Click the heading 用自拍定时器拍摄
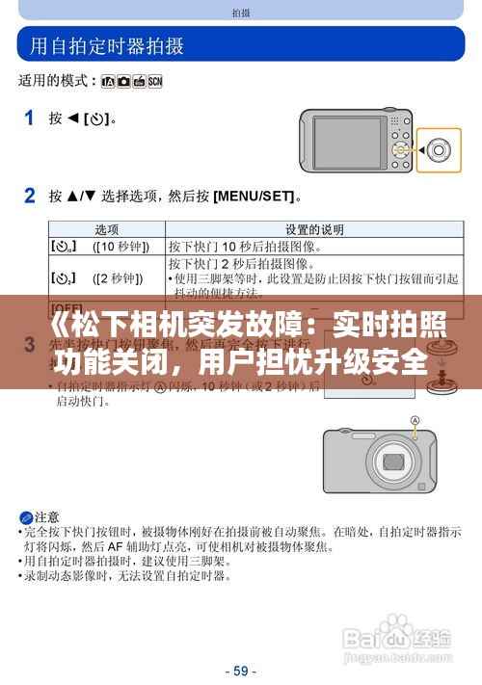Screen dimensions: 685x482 (107, 45)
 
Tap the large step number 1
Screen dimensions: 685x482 (29, 119)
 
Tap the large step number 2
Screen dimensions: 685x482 (30, 196)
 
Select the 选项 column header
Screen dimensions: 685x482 (106, 229)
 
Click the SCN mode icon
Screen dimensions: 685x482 (154, 83)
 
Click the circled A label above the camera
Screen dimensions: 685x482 (415, 420)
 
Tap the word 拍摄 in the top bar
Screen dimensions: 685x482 (241, 13)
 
